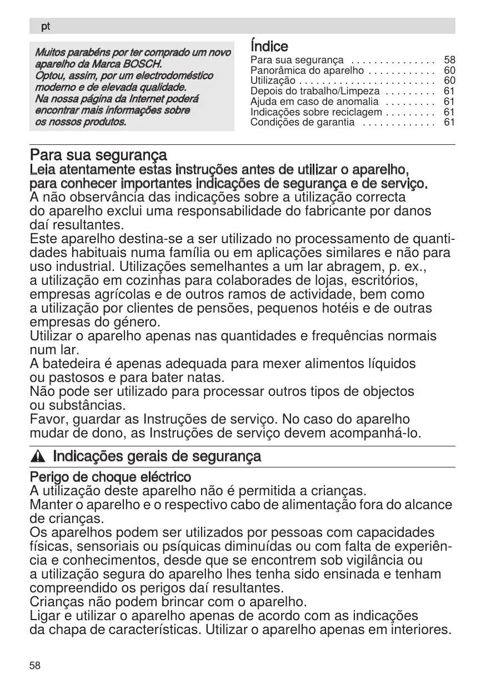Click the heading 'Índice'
269,46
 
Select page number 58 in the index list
449,59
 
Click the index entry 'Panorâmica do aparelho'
307,71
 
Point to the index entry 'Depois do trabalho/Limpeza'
315,91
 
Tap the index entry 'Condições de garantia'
302,122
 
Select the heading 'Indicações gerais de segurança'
157,456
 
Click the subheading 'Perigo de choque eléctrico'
110,477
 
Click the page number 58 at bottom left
35,666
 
